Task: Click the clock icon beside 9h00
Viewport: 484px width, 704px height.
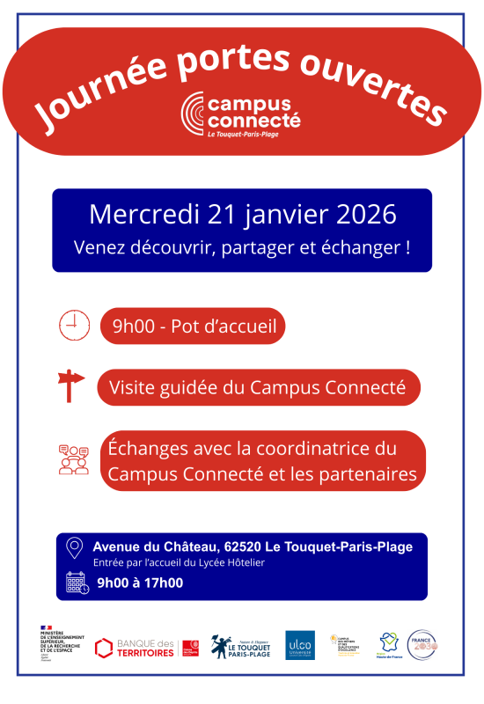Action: [74, 326]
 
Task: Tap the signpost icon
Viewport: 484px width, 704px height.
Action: [70, 385]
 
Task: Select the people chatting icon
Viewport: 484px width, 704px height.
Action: [74, 459]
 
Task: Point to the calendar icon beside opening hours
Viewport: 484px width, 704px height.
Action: [77, 582]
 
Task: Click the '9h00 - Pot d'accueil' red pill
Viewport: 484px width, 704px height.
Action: [193, 328]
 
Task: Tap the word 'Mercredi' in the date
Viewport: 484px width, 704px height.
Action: [144, 214]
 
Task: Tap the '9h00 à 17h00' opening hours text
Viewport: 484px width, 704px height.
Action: [140, 582]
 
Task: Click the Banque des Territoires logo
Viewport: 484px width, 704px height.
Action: [146, 648]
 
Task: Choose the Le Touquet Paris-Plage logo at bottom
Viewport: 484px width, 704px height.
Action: [240, 647]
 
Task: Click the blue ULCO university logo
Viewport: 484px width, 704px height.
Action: [299, 645]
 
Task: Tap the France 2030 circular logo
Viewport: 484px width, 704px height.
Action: [422, 645]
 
